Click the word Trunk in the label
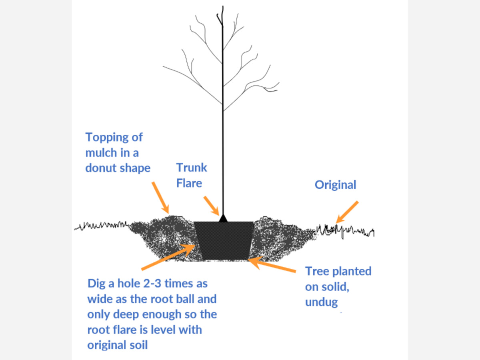[192, 167]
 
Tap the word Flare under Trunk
[189, 183]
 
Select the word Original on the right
[335, 185]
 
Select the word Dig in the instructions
[97, 284]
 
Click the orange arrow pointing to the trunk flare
[211, 205]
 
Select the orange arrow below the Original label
[346, 212]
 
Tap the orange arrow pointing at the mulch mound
[160, 196]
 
